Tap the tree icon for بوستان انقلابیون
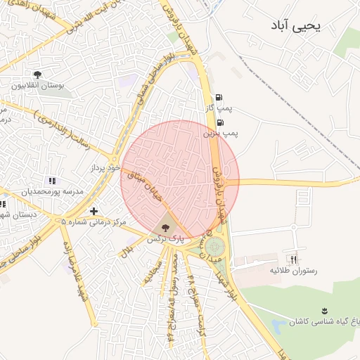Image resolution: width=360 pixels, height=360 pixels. (37, 75)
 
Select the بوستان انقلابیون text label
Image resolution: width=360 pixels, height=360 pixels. (37, 86)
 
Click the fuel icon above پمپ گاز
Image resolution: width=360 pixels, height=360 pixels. (219, 97)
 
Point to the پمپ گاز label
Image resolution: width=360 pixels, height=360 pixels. (219, 108)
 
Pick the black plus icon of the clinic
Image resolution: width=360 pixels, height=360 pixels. (94, 211)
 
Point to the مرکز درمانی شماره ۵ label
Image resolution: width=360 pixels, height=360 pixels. (94, 222)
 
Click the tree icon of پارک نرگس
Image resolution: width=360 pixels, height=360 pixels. (165, 227)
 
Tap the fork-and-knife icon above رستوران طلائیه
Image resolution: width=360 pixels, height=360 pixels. (294, 259)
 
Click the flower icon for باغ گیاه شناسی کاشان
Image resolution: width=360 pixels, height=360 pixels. (324, 310)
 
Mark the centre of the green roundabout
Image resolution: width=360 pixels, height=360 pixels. (214, 247)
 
